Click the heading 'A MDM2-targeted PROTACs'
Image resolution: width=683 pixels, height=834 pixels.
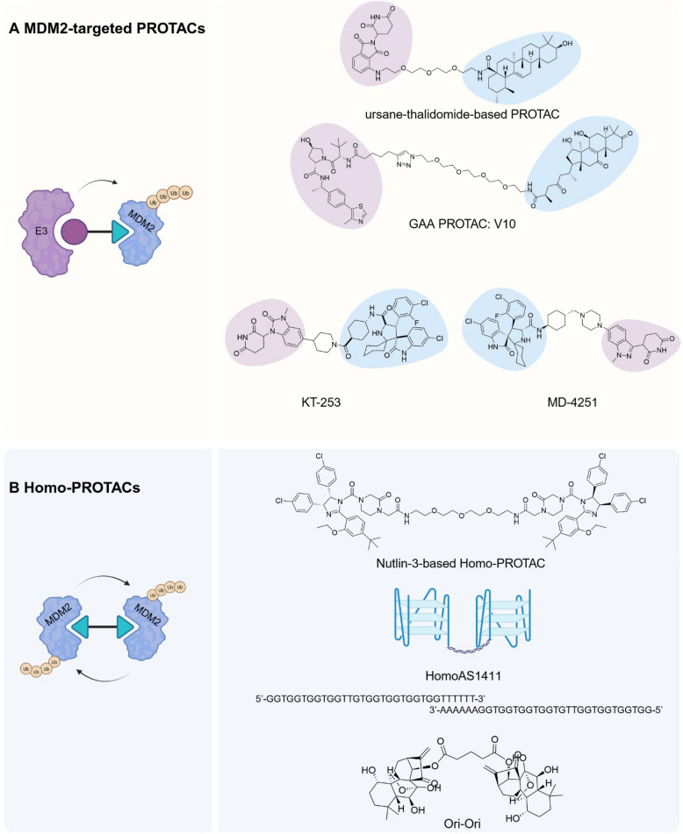click(x=106, y=28)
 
